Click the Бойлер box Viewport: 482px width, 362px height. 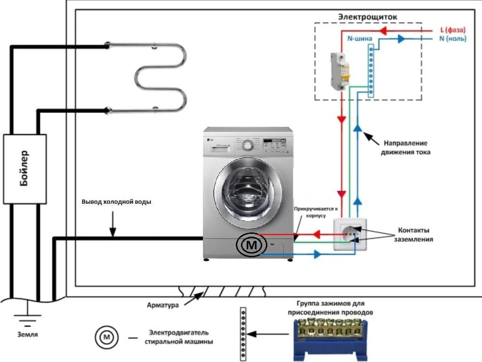point(25,169)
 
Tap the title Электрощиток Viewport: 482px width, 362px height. point(368,17)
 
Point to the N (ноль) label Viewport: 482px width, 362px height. point(453,39)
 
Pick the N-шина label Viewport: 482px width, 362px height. point(360,39)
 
